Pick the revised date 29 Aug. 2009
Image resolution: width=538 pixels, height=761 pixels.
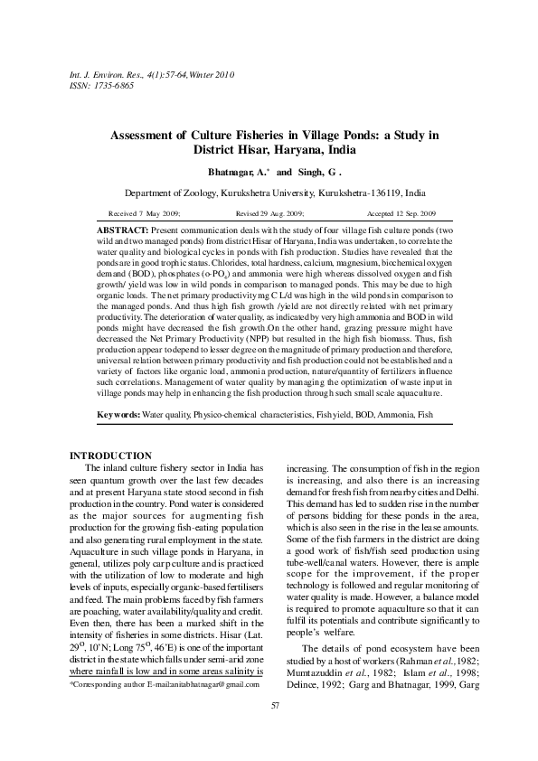(280, 213)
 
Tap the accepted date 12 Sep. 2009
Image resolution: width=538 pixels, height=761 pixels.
(414, 213)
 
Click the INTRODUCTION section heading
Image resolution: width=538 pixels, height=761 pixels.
(110, 456)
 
